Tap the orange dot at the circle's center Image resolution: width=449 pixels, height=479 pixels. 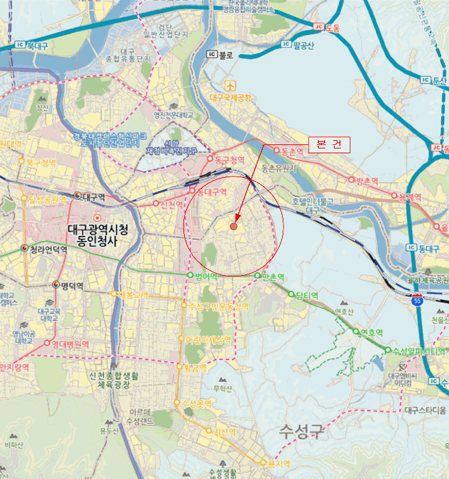tap(233, 226)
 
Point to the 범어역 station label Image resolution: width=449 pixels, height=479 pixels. tap(205, 276)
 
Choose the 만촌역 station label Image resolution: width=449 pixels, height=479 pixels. tap(272, 276)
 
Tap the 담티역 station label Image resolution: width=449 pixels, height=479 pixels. tap(307, 295)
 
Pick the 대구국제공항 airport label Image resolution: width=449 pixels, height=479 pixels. tap(231, 98)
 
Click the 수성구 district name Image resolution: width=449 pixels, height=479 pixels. tap(301, 432)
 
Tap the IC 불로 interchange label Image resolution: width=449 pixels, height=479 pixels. tap(224, 55)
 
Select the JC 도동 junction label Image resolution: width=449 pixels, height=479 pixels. tap(331, 27)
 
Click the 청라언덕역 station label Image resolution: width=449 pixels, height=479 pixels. tap(49, 249)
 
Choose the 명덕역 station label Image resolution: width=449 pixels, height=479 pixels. tap(71, 285)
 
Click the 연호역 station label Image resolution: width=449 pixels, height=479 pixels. tap(370, 333)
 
